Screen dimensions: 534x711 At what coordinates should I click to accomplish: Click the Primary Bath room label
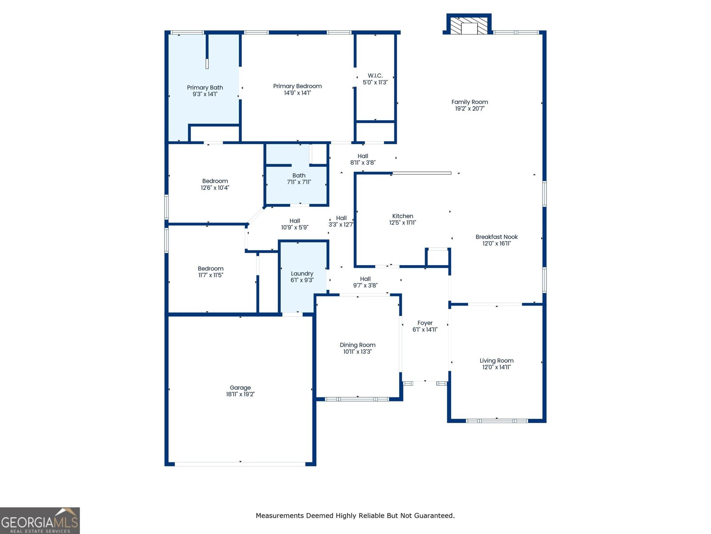pos(205,88)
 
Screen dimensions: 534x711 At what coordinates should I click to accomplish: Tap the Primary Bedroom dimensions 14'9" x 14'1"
pos(297,93)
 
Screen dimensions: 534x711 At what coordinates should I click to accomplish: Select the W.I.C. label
pos(375,76)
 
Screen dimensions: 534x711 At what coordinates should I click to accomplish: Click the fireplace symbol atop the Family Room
pos(469,25)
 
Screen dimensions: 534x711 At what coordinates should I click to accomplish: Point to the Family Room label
pos(469,102)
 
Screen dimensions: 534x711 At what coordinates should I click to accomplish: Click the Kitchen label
pos(403,216)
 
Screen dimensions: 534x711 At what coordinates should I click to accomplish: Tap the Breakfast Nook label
pos(496,237)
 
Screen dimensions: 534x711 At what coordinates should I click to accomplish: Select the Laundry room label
pos(302,274)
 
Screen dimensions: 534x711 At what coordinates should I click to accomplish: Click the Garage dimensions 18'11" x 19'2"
pos(240,394)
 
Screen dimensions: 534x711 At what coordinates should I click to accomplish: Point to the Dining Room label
pos(357,345)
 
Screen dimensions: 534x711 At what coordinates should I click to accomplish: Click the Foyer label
pos(425,323)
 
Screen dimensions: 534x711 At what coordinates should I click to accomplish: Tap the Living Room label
pos(496,360)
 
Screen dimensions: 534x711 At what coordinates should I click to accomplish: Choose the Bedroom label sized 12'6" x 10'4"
pos(215,181)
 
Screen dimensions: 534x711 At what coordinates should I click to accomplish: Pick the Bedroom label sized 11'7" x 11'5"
pos(211,268)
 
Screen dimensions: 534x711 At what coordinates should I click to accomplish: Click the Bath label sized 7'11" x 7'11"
pos(299,175)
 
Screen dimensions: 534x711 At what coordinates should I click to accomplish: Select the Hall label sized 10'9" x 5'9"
pos(295,221)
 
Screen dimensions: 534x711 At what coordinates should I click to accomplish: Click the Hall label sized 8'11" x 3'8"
pos(363,156)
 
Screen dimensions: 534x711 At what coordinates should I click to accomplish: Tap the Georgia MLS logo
pos(40,521)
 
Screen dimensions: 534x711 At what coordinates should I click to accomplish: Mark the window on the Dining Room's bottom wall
pos(357,399)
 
